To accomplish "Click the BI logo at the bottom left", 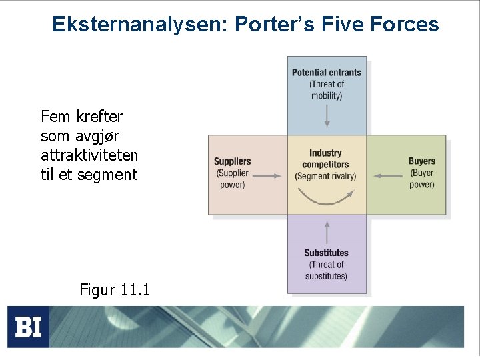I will (28, 327).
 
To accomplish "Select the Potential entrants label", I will (327, 73).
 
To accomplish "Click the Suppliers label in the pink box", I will (233, 161).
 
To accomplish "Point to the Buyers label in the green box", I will (422, 161).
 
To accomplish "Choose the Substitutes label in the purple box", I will (327, 253).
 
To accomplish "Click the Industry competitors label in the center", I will (326, 159).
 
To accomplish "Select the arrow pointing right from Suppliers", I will (267, 176).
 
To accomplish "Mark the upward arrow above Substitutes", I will (327, 231).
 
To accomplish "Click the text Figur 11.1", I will (115, 290).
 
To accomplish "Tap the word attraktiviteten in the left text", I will (89, 155).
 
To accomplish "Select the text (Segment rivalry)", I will (326, 176).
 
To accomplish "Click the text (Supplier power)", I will (233, 179).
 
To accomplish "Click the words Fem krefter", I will (81, 117).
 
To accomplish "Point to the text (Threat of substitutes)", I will (327, 270).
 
